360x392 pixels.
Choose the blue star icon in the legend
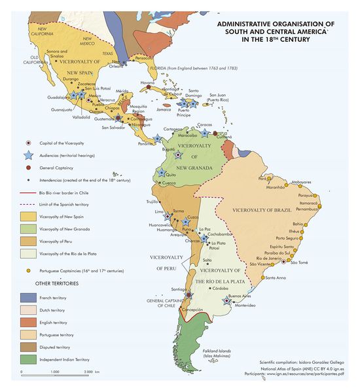27,155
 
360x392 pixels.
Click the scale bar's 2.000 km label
92,372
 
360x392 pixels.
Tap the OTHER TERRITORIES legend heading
45,284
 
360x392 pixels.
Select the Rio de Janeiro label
274,258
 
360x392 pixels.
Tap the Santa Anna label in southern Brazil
276,278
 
